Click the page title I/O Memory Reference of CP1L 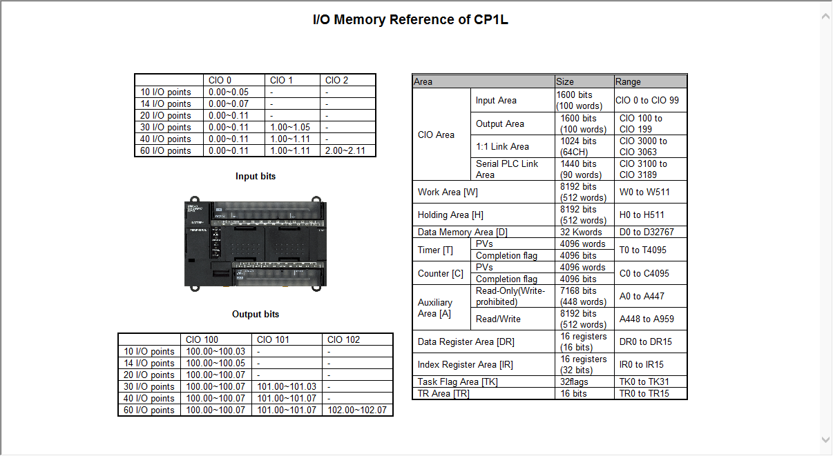point(410,19)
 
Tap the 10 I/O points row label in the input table point(166,92)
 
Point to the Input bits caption point(255,176)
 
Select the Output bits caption point(256,314)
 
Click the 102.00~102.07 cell point(356,410)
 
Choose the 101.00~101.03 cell point(286,386)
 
